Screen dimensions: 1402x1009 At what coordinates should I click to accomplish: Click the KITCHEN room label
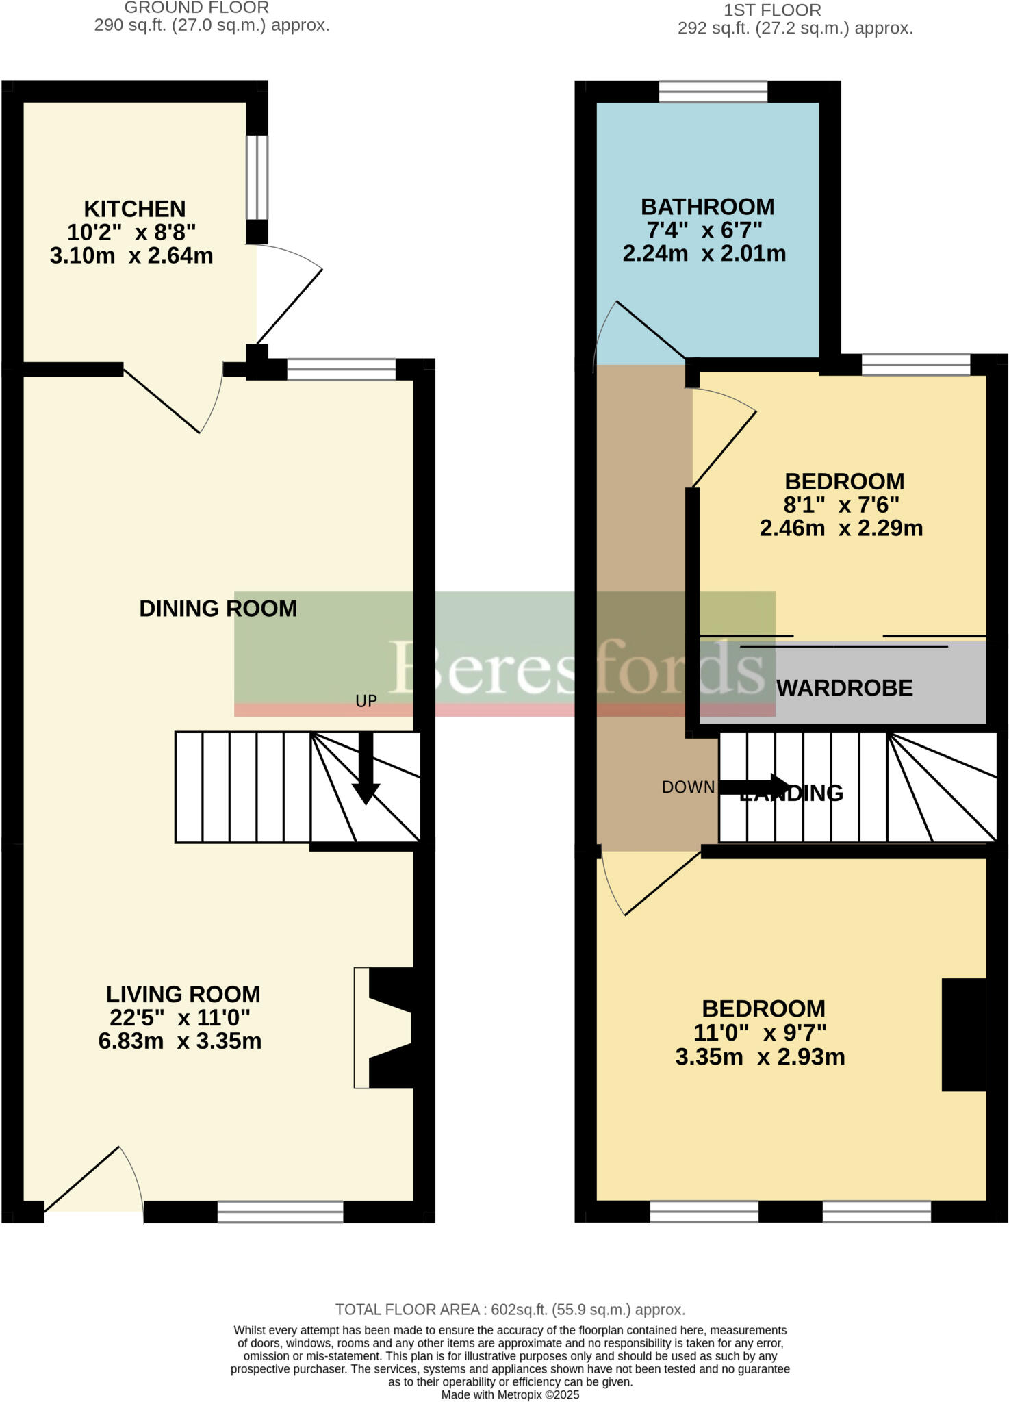[x=135, y=209]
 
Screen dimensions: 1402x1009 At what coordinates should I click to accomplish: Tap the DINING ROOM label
[x=218, y=609]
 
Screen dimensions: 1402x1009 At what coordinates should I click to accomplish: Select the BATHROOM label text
[x=707, y=207]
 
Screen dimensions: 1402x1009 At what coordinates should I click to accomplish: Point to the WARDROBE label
[x=845, y=688]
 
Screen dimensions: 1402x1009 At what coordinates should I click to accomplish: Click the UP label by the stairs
[x=366, y=701]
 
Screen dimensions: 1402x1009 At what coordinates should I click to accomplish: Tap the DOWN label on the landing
[x=687, y=787]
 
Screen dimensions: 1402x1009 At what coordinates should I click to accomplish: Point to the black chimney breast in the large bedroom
[x=964, y=1034]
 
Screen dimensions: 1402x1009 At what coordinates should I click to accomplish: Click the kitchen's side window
[x=257, y=177]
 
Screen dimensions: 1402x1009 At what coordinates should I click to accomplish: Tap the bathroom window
[x=713, y=92]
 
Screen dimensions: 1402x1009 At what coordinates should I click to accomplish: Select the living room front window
[x=280, y=1212]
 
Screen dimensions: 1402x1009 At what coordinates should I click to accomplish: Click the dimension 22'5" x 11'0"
[x=179, y=1018]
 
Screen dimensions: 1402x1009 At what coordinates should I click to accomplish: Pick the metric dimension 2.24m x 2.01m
[x=704, y=254]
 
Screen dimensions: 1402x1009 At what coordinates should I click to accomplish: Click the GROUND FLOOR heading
[x=196, y=8]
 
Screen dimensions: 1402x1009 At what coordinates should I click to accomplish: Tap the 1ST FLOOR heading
[x=772, y=10]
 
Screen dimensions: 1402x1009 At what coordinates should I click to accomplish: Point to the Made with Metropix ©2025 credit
[x=510, y=1394]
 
